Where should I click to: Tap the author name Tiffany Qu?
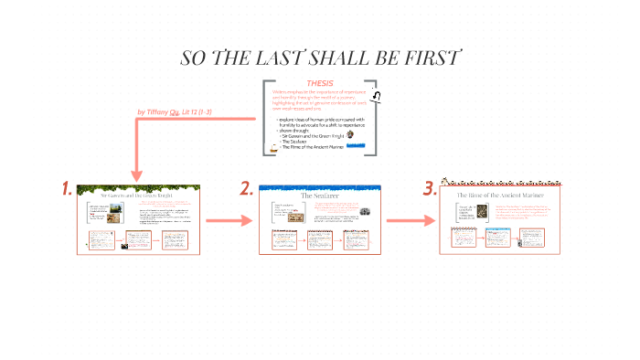[164, 112]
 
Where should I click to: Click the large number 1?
[67, 189]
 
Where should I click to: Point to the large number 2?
[246, 189]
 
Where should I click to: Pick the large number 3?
[429, 189]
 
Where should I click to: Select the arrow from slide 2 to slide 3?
[409, 220]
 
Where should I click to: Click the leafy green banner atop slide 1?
[136, 188]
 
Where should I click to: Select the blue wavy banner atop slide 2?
[319, 187]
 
